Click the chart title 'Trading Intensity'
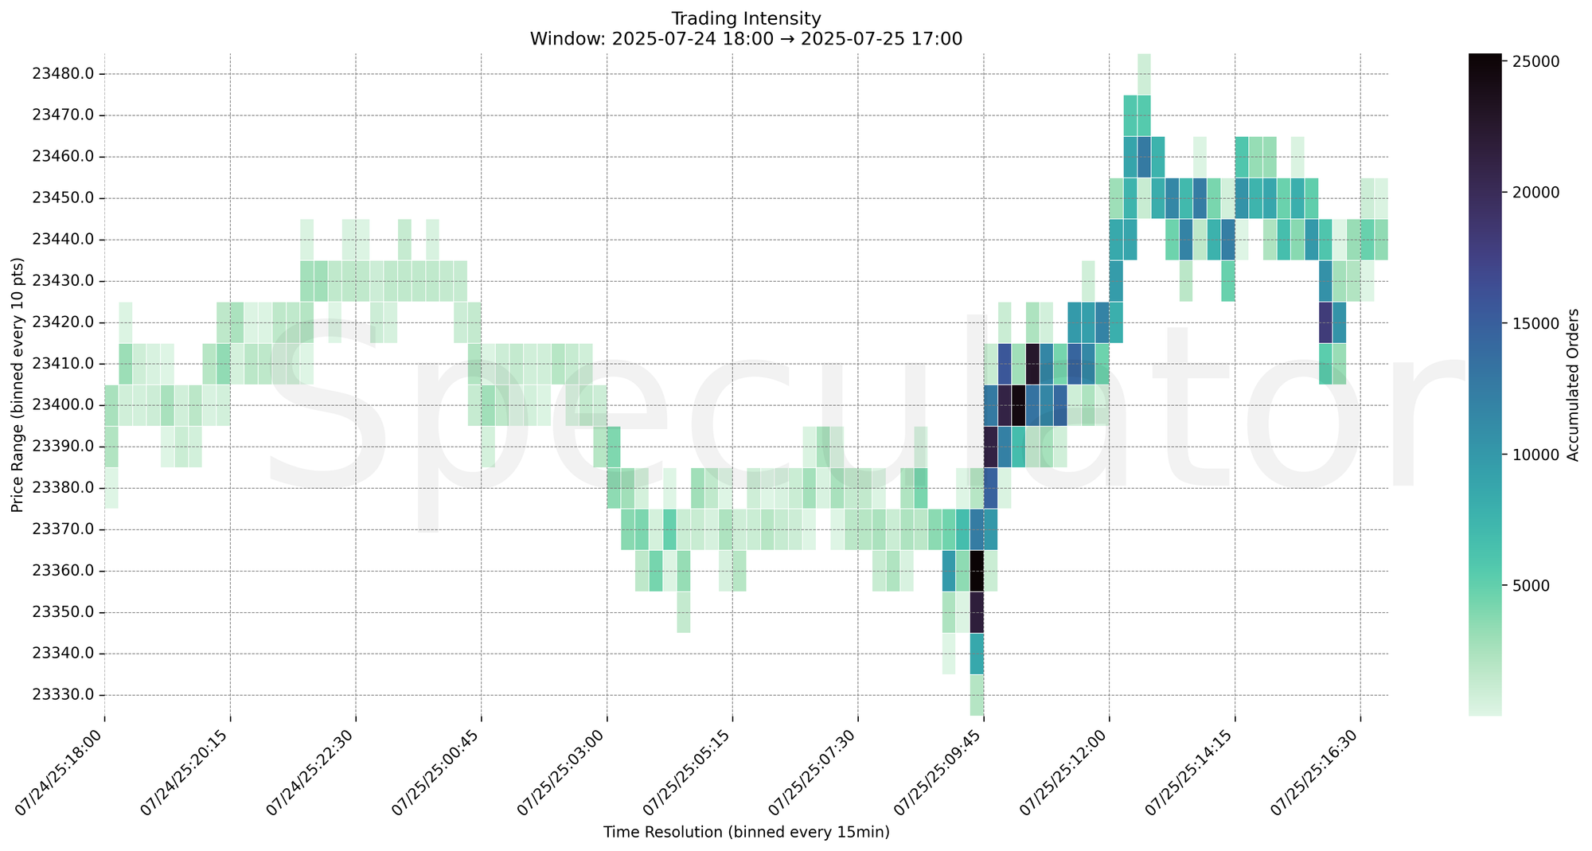click(746, 18)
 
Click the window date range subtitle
click(746, 39)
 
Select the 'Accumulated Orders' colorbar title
click(1573, 385)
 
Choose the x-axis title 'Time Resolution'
click(746, 833)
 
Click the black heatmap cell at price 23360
click(977, 571)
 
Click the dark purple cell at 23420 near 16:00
click(1325, 322)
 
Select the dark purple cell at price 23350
click(977, 612)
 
